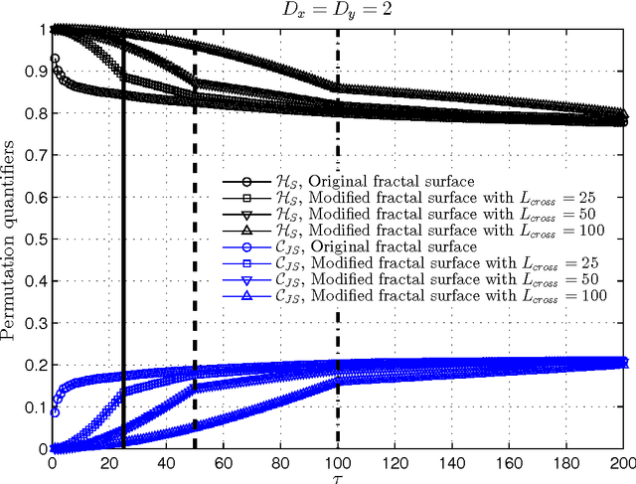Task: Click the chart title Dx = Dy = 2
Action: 339,10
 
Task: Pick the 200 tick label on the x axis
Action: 623,462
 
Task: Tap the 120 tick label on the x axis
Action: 396,462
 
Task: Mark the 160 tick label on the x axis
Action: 510,462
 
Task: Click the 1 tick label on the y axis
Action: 43,30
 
